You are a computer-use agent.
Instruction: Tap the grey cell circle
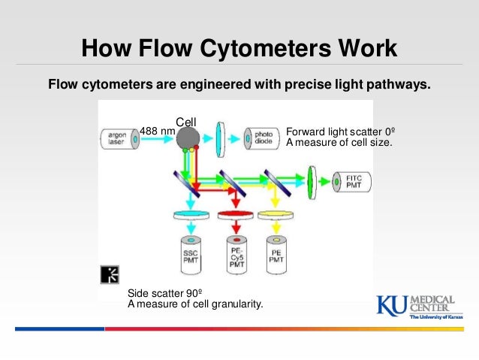click(x=188, y=137)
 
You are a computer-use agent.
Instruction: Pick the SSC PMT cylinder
click(x=190, y=253)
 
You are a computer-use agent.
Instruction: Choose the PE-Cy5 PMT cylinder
click(x=236, y=253)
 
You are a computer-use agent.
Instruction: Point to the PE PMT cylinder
click(x=276, y=253)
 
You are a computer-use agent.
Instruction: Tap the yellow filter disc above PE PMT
click(x=276, y=216)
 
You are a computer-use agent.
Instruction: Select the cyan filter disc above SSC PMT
click(x=190, y=216)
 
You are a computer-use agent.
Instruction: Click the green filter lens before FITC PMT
click(x=314, y=181)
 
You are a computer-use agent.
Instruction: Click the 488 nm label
click(x=157, y=131)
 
